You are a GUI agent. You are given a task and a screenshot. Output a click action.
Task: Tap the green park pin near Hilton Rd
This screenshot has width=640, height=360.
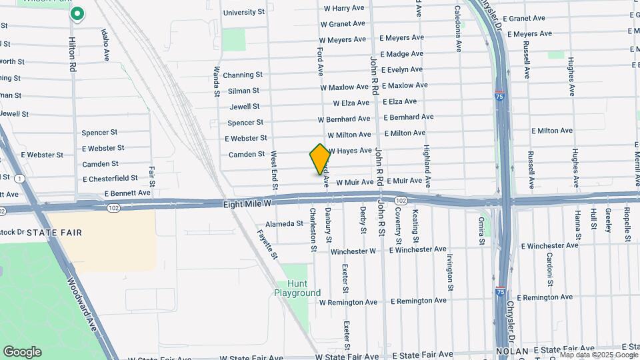[77, 13]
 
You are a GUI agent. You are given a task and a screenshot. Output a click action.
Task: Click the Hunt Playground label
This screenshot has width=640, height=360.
[297, 288]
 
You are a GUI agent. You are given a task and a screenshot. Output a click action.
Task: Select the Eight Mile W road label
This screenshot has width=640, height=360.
[247, 201]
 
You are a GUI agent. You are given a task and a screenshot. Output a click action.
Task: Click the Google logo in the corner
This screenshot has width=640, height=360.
[22, 352]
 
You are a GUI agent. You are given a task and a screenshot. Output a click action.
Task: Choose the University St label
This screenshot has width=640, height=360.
[243, 12]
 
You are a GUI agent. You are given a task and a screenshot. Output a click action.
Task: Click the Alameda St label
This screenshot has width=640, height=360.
[284, 224]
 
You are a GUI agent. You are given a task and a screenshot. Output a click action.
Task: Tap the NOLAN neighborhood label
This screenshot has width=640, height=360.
[512, 351]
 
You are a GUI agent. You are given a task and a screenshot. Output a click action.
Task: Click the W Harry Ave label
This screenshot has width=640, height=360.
[344, 8]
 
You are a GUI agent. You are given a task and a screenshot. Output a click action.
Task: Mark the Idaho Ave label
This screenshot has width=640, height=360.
[105, 45]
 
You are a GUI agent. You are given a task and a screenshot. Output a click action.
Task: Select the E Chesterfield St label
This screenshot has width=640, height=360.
[110, 179]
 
